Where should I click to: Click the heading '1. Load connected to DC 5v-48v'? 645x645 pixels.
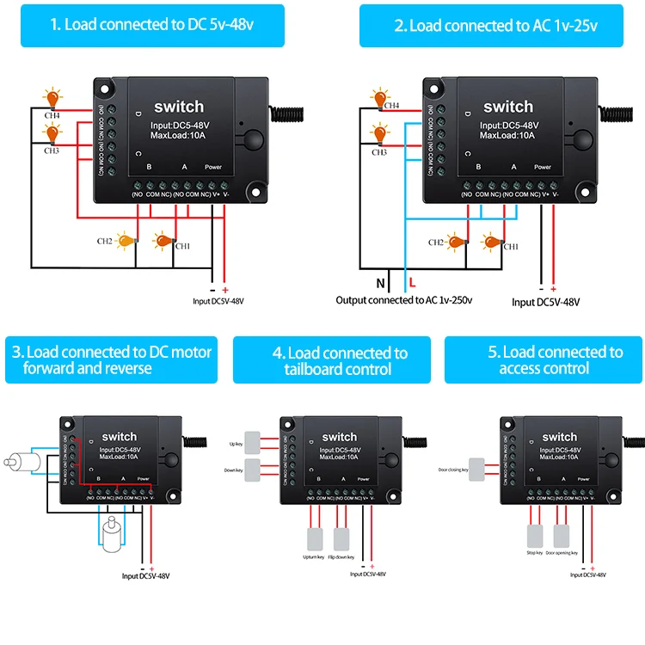(152, 25)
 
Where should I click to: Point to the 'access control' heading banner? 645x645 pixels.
(544, 359)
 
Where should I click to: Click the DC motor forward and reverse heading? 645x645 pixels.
(112, 359)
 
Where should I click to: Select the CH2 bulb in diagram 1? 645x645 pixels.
(129, 242)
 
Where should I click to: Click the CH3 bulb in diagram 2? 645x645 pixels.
(378, 135)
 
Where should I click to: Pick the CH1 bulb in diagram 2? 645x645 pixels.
(493, 242)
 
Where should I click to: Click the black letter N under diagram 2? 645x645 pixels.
(381, 282)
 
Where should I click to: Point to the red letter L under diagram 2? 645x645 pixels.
(413, 282)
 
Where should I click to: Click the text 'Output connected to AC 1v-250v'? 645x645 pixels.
(404, 300)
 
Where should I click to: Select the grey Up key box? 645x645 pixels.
(255, 439)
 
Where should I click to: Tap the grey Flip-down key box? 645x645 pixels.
(341, 538)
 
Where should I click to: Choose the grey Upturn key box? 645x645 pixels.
(312, 538)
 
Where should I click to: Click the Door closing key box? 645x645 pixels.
(477, 470)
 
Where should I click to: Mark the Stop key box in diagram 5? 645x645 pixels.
(534, 536)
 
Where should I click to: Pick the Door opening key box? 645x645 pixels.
(562, 536)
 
